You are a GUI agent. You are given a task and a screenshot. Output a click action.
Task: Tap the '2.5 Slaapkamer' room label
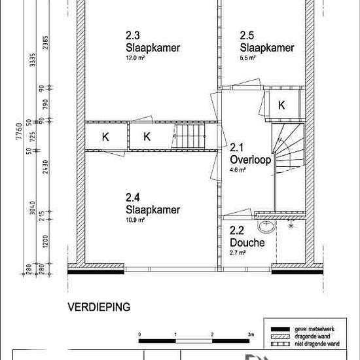tap(257, 43)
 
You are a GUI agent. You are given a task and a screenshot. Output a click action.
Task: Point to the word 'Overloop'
tap(247, 160)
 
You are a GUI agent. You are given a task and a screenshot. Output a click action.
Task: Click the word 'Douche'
tap(247, 242)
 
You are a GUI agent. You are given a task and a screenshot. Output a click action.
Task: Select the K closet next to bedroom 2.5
tap(281, 105)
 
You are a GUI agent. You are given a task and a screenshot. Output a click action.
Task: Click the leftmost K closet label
tap(105, 137)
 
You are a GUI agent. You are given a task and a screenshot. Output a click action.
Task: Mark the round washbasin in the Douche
tap(266, 226)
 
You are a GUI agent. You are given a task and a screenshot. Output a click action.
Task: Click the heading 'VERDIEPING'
tap(99, 306)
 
